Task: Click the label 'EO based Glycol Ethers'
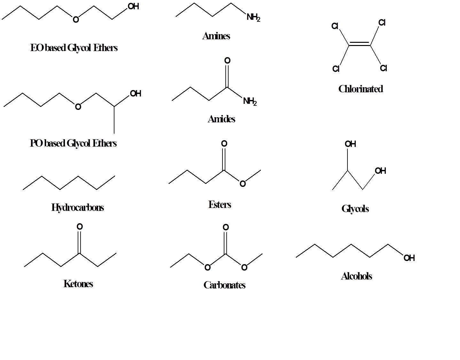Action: (74, 48)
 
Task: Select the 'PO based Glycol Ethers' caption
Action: (73, 143)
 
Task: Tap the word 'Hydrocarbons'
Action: (78, 208)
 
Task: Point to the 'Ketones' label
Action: (78, 284)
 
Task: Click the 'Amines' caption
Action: (216, 36)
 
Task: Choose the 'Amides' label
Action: (221, 119)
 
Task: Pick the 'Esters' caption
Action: (220, 204)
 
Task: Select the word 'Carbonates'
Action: (224, 285)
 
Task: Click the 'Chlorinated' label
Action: (361, 89)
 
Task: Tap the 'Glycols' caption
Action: (355, 209)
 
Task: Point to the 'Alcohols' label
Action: (356, 276)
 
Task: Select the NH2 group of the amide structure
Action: (250, 102)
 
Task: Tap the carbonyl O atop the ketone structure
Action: (80, 227)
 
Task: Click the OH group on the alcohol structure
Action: (409, 258)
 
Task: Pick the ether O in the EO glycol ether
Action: (76, 20)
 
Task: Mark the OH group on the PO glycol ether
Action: (136, 94)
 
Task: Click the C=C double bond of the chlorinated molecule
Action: (360, 44)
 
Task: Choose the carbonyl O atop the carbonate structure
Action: (226, 227)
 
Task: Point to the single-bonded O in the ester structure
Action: (243, 184)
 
